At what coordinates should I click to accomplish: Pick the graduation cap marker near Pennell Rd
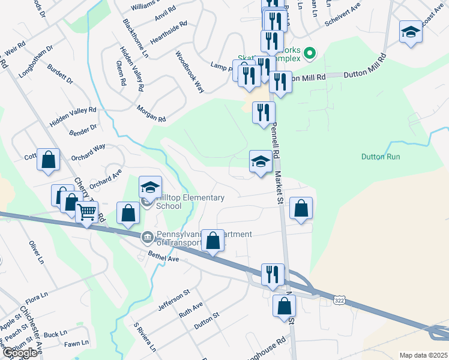point(260,161)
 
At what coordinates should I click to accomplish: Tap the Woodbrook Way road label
point(190,71)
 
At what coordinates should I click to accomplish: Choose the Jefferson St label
point(173,300)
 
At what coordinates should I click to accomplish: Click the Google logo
point(20,353)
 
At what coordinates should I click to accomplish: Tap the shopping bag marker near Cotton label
point(48,160)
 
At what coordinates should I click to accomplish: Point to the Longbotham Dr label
point(37,55)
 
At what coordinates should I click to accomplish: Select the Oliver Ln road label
point(37,252)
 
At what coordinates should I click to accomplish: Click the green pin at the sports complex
point(310,54)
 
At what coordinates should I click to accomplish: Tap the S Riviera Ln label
point(145,337)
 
